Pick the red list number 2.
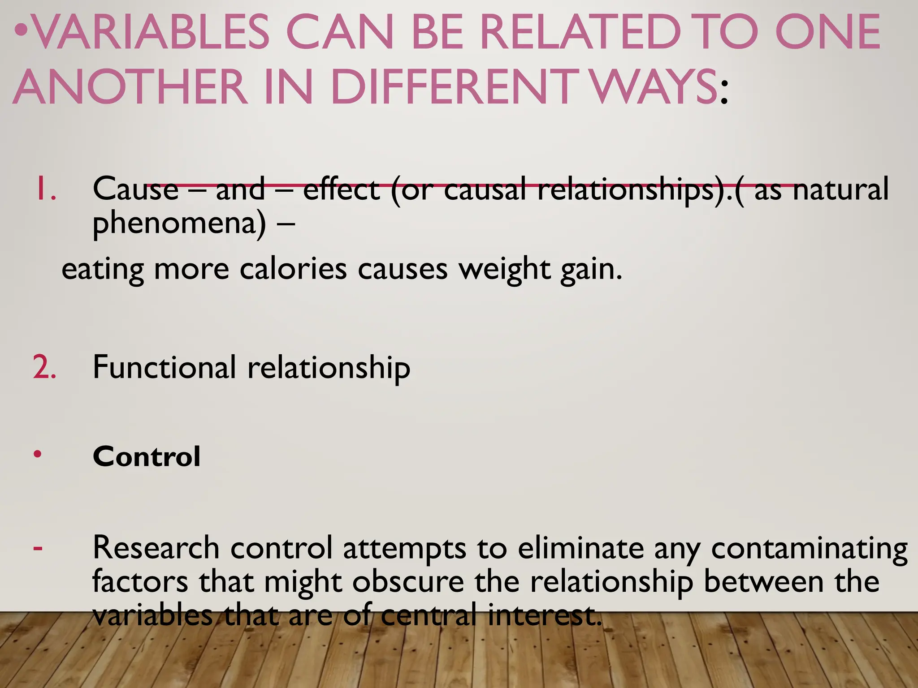(44, 367)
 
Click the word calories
(293, 269)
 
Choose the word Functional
(164, 367)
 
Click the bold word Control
(147, 457)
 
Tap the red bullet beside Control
(38, 454)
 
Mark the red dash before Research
(38, 547)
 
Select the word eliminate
(580, 548)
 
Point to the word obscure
(408, 582)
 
